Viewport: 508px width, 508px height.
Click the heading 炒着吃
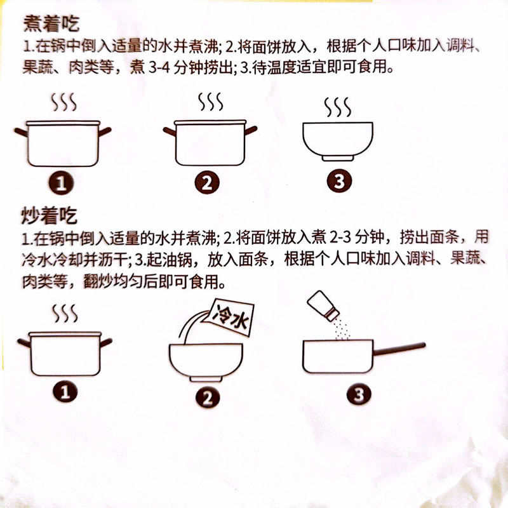click(50, 217)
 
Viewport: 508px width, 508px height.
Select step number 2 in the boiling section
click(207, 183)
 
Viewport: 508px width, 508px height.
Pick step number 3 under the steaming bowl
click(338, 182)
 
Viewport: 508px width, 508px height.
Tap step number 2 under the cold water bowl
click(207, 398)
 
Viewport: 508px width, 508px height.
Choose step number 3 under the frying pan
click(359, 394)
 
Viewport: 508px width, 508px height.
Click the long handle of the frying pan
click(400, 348)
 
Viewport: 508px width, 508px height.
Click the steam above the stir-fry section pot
click(64, 313)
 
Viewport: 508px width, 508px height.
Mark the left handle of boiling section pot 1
click(22, 132)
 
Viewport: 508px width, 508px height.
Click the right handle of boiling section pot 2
click(250, 130)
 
